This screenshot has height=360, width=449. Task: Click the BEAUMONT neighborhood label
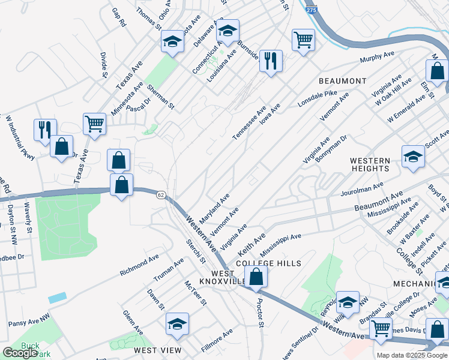click(342, 80)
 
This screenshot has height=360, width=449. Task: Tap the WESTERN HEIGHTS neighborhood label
click(370, 164)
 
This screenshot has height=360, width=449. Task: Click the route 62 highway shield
click(160, 195)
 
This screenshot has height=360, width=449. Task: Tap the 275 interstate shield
click(310, 10)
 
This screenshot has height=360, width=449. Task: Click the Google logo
click(20, 353)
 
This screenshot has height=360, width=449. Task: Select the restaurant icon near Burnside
click(271, 61)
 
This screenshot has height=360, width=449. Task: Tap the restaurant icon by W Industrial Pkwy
click(45, 130)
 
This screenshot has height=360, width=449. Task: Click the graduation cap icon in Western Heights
click(413, 157)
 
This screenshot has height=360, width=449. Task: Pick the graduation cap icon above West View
click(177, 324)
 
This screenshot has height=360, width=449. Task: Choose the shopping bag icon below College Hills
click(256, 277)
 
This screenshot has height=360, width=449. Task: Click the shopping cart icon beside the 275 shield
click(303, 40)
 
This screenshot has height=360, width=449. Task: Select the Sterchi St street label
click(195, 252)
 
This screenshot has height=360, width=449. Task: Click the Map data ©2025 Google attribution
click(412, 355)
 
